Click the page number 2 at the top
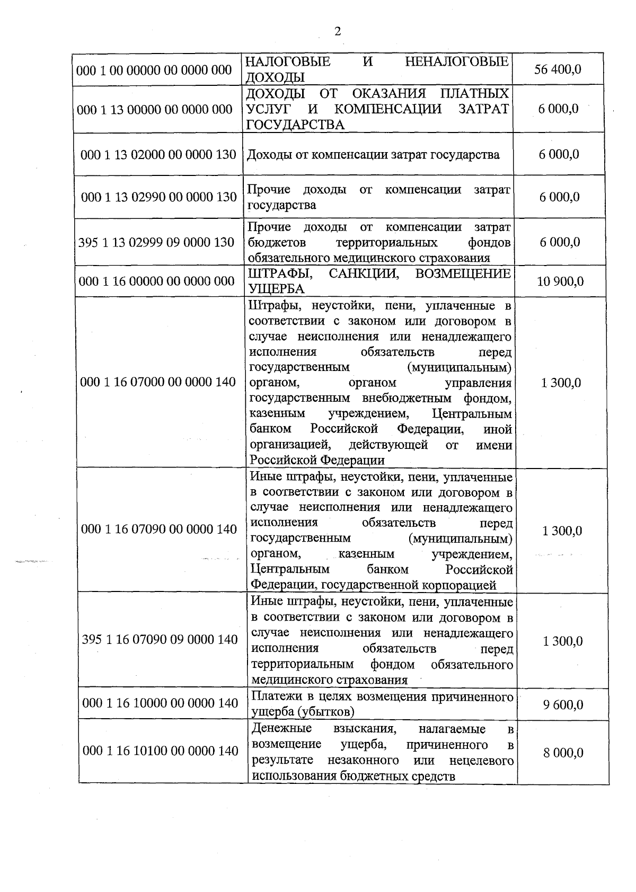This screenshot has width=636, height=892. click(338, 32)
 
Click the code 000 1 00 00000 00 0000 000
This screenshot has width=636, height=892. click(154, 70)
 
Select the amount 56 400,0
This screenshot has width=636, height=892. click(558, 69)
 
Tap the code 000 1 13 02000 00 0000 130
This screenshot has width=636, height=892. click(158, 155)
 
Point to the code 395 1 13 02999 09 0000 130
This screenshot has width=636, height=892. click(156, 242)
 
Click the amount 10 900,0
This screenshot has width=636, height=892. click(560, 281)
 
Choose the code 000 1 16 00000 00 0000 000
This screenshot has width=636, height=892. click(156, 281)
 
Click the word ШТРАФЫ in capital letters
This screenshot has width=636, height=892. click(279, 273)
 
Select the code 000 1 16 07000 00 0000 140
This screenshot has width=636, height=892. click(158, 382)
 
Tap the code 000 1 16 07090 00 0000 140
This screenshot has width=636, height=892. click(159, 529)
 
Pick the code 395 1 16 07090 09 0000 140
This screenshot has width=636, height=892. click(160, 640)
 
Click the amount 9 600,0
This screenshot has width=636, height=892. click(563, 705)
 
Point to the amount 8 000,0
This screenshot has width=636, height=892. click(563, 753)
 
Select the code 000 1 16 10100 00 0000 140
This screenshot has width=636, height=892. click(161, 751)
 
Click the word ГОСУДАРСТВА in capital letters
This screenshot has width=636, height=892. click(296, 125)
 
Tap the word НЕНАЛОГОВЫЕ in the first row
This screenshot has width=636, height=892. click(456, 62)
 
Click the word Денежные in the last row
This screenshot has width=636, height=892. click(281, 728)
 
